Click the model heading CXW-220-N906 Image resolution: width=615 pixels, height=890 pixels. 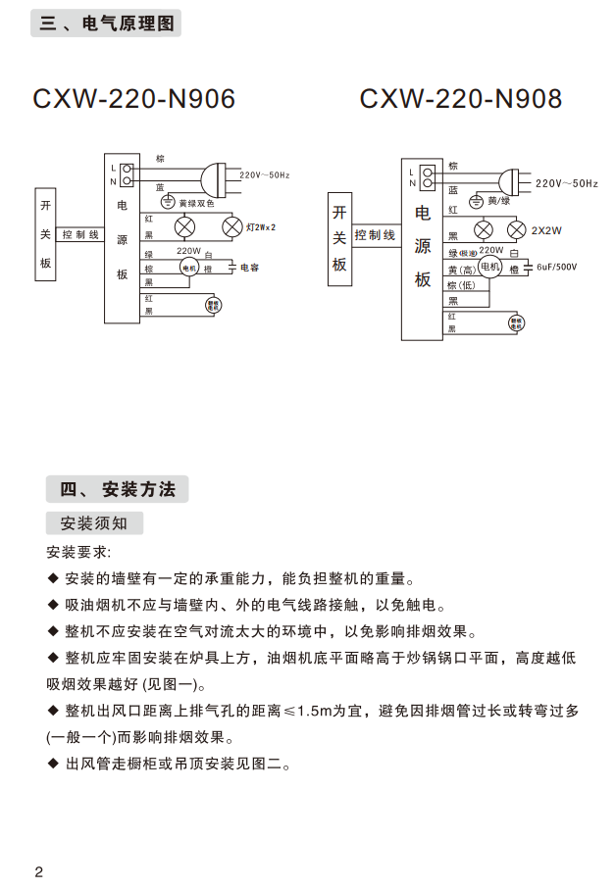pyautogui.click(x=133, y=100)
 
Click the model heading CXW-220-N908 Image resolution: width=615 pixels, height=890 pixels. pyautogui.click(x=461, y=100)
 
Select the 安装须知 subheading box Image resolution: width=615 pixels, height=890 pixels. pyautogui.click(x=94, y=522)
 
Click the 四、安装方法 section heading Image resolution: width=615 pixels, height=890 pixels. pyautogui.click(x=117, y=489)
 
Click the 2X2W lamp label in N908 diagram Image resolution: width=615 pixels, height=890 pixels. pyautogui.click(x=546, y=231)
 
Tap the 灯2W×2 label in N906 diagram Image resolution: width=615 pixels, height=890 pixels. pyautogui.click(x=261, y=227)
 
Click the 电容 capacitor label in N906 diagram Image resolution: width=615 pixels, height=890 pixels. pyautogui.click(x=249, y=267)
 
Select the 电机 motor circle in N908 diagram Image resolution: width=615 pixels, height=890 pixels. pyautogui.click(x=488, y=267)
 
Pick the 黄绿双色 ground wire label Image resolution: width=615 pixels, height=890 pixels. pyautogui.click(x=196, y=204)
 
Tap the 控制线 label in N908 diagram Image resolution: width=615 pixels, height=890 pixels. pyautogui.click(x=375, y=235)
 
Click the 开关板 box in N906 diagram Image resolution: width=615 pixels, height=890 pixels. pyautogui.click(x=46, y=235)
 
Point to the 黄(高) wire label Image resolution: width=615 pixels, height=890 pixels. pyautogui.click(x=462, y=271)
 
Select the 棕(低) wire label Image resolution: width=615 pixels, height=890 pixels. pyautogui.click(x=461, y=285)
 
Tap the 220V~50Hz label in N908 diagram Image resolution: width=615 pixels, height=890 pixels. pyautogui.click(x=567, y=183)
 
